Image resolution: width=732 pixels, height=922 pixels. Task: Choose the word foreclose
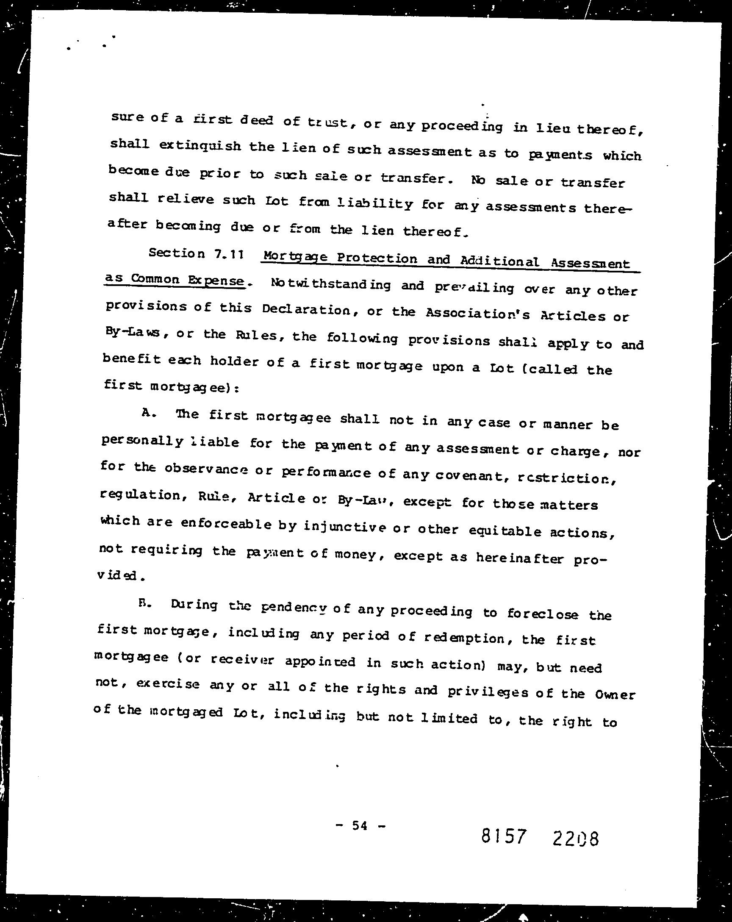click(543, 614)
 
